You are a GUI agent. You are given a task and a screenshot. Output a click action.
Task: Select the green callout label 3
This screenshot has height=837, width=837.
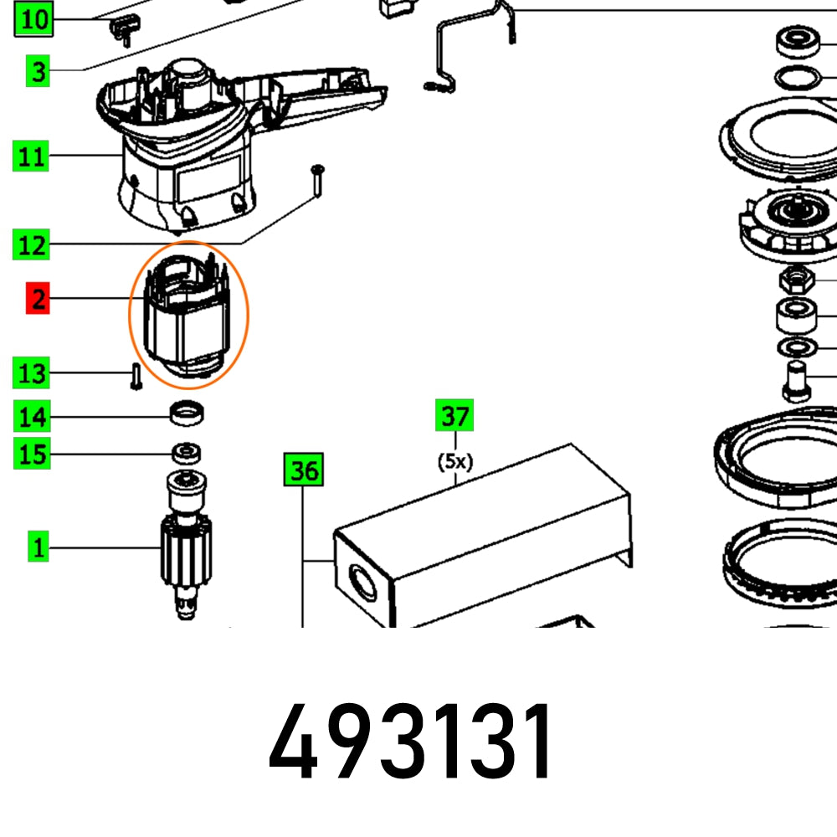click(38, 71)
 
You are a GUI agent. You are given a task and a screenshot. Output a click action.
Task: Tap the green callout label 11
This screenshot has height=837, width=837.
click(32, 157)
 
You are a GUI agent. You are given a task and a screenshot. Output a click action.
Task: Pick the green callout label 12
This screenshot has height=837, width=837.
click(32, 246)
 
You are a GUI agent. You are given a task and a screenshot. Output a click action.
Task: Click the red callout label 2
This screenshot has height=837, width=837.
click(38, 299)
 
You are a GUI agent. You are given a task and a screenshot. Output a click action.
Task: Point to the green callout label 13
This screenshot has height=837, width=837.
click(32, 372)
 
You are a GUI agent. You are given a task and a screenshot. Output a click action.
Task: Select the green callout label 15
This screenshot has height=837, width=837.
click(32, 455)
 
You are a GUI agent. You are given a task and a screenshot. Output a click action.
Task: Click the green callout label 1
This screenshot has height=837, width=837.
click(38, 549)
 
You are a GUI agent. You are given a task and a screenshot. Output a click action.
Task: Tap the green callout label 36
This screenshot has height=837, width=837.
click(303, 470)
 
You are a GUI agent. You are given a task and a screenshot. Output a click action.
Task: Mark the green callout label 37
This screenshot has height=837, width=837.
click(454, 415)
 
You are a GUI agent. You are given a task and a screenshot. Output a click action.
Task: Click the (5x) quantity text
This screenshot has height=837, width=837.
click(454, 461)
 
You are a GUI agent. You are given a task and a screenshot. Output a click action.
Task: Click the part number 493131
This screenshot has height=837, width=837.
click(410, 742)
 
